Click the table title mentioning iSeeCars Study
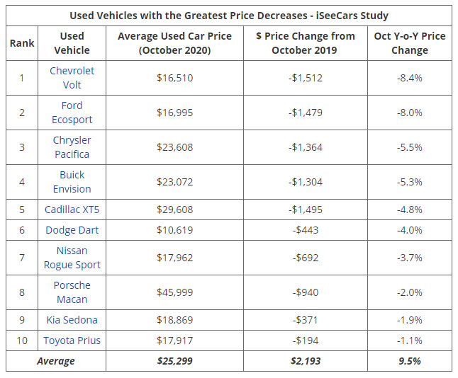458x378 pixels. tap(229, 15)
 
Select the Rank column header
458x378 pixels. tap(22, 43)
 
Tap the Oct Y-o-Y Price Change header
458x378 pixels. tap(409, 43)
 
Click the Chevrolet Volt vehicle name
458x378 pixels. tap(72, 78)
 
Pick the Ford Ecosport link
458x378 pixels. tap(72, 113)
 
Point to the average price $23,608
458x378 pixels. tap(174, 147)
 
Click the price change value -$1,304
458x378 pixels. tap(306, 182)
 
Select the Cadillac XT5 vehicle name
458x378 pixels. tap(72, 210)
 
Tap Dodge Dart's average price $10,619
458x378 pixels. tap(174, 230)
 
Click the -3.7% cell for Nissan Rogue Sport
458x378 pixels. tap(409, 258)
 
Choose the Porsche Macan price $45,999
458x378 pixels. tap(174, 292)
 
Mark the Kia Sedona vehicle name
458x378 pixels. tap(72, 320)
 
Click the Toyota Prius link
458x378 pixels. tap(72, 340)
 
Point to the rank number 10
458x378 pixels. tap(22, 340)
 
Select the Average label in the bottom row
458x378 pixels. tap(56, 361)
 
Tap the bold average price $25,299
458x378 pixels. tap(174, 361)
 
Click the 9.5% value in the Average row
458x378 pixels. tap(409, 361)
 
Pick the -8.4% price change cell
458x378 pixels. tap(409, 78)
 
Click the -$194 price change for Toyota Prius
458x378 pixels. tap(306, 340)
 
